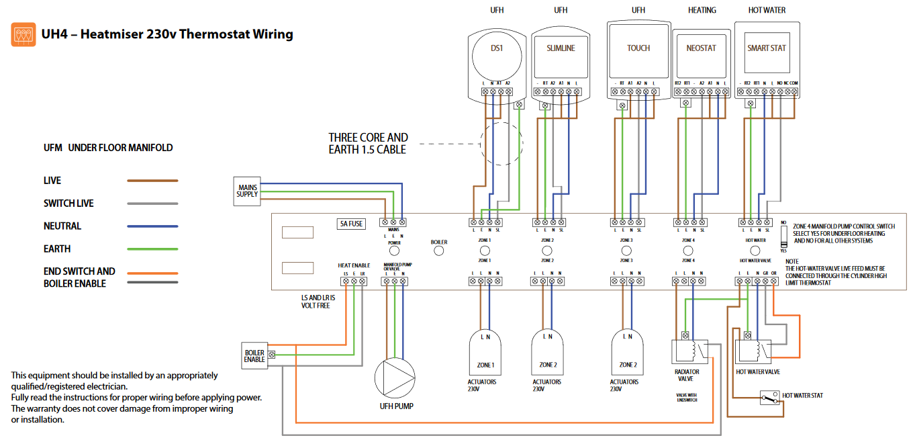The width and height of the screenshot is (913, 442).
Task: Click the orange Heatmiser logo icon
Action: [23, 34]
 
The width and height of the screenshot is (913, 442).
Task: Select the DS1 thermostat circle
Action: [496, 49]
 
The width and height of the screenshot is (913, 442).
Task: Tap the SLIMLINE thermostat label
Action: [561, 48]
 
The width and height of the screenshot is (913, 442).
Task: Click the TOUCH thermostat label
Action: [638, 48]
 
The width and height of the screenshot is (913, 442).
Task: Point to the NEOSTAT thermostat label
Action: [701, 48]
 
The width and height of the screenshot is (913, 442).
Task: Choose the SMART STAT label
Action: [767, 48]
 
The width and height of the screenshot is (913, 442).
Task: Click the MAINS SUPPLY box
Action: [246, 190]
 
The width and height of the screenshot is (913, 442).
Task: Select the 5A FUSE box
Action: [351, 224]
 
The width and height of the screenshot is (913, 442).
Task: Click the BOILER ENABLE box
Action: [254, 356]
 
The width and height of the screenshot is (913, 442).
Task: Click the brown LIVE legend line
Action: [152, 181]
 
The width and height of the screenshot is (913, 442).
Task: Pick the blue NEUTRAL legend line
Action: [152, 226]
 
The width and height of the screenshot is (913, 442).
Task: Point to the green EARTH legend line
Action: [152, 249]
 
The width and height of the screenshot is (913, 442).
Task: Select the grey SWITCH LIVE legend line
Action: [152, 204]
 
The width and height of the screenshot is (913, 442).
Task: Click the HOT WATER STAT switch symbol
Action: [769, 398]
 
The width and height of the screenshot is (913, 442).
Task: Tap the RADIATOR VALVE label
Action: [686, 375]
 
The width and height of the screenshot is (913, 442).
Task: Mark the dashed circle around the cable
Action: [501, 143]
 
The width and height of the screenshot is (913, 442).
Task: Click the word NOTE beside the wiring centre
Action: [791, 261]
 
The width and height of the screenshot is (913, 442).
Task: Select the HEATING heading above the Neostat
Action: [702, 10]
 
